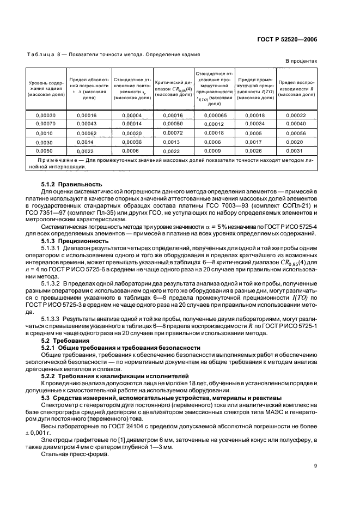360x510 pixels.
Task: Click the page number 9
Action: point(315,465)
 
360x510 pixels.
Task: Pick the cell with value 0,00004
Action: point(132,115)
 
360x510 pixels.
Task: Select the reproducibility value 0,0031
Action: point(297,150)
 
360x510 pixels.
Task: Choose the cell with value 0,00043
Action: point(87,124)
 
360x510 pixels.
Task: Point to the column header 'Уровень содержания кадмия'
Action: point(46,88)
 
